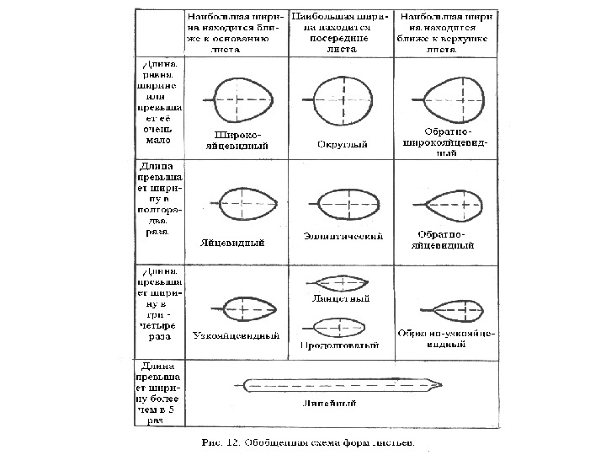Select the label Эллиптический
pos(343,236)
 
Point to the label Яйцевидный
pos(233,243)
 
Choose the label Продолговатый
pos(338,345)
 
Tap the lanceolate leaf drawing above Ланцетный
pos(338,282)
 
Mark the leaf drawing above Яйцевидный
pos(245,203)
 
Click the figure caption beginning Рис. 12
pos(309,440)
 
